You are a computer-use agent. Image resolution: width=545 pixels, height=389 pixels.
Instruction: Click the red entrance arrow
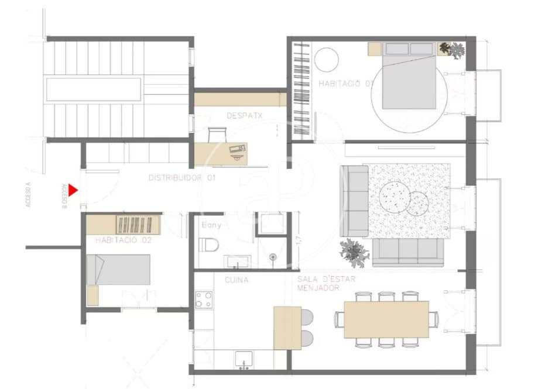click(73, 190)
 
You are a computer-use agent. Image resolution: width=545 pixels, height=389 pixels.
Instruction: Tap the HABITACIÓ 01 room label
click(346, 84)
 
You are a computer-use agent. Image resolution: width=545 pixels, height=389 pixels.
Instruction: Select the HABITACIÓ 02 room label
click(122, 240)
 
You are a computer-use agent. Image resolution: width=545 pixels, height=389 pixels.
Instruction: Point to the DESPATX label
click(244, 116)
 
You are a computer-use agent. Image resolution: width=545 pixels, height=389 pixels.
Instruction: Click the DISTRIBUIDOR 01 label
click(182, 177)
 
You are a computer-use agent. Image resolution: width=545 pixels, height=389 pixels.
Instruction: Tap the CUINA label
click(236, 280)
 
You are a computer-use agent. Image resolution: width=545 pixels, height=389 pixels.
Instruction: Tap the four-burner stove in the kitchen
click(204, 300)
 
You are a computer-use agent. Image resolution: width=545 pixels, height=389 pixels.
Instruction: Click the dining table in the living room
click(386, 319)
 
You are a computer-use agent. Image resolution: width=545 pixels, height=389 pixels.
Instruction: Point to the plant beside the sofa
click(355, 251)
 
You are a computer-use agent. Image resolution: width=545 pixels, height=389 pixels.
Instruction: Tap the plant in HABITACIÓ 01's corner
click(453, 50)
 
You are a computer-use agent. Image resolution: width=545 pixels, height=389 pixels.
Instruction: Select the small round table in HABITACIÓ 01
click(326, 59)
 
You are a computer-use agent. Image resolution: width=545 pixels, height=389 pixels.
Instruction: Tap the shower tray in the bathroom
click(271, 224)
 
